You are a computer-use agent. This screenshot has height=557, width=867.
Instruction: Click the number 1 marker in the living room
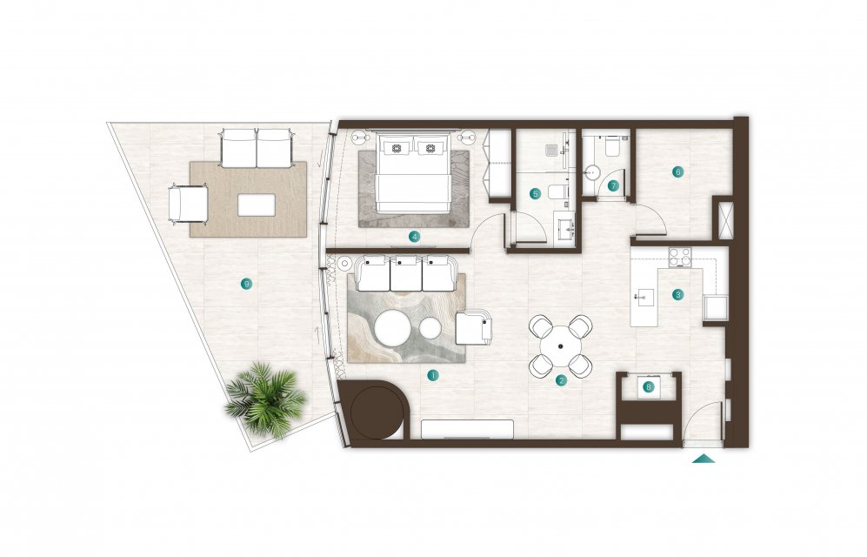click(433, 376)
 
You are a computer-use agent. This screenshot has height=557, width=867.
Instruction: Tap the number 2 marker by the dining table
click(561, 380)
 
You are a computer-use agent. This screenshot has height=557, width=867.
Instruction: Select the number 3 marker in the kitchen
click(678, 295)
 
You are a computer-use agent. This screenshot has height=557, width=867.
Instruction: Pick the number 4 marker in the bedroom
click(414, 237)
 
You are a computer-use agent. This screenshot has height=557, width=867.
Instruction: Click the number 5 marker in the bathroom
click(535, 193)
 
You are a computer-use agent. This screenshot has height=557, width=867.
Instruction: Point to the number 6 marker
click(678, 171)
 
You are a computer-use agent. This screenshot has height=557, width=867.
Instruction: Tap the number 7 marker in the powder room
click(613, 186)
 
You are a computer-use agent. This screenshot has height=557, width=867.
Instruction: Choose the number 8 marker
click(649, 387)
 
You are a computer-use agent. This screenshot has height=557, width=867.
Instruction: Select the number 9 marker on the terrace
click(247, 284)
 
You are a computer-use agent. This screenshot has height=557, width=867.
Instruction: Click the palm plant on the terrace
click(266, 399)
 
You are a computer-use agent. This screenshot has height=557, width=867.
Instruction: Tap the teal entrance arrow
click(704, 458)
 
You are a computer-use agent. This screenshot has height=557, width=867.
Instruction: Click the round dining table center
click(561, 346)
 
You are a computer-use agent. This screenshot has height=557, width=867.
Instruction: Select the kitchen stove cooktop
click(680, 257)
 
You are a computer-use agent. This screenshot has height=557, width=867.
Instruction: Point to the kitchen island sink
click(643, 298)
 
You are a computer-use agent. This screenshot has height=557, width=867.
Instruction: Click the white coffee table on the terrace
click(257, 205)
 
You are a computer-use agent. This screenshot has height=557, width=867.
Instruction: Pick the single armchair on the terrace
click(189, 204)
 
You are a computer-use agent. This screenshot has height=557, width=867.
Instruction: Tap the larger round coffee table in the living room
click(392, 327)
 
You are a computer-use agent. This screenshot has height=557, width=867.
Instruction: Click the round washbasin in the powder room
click(590, 172)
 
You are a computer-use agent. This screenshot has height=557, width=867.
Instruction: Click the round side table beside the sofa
click(344, 264)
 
